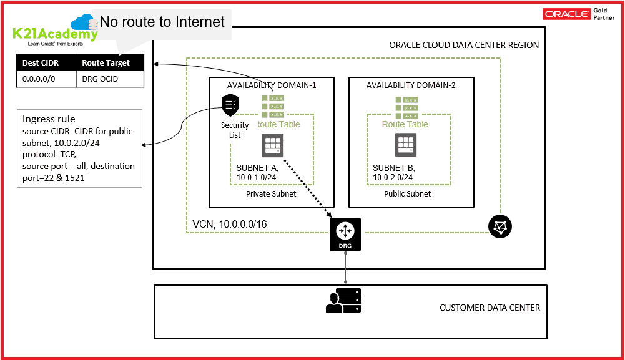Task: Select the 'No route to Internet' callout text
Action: (162, 22)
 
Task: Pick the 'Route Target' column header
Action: (106, 63)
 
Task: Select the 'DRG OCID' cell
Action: (100, 79)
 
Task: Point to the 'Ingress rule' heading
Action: (49, 119)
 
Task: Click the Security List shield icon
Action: (230, 104)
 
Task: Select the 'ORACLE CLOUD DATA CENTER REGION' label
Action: (463, 45)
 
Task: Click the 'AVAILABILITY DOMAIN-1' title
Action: (272, 85)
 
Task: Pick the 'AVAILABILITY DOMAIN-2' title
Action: (411, 85)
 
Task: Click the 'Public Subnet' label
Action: (407, 193)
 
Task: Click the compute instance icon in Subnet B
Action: (406, 145)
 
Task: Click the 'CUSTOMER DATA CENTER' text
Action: (490, 308)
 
